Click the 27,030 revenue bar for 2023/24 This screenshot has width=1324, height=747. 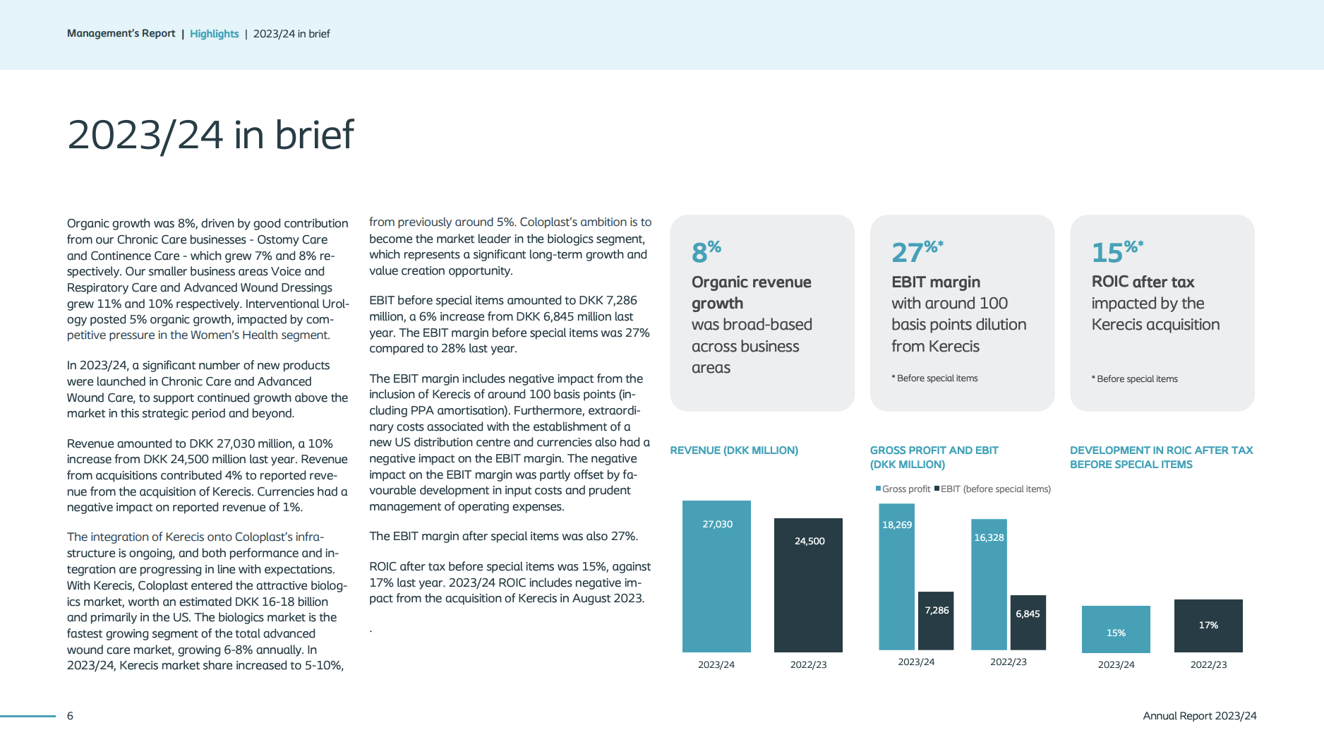click(x=716, y=576)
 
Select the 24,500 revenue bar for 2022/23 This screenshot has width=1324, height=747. click(x=808, y=585)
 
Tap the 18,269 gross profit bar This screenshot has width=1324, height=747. click(x=896, y=577)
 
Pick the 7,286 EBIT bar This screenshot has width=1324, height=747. click(x=936, y=621)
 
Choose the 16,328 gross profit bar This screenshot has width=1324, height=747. click(x=989, y=585)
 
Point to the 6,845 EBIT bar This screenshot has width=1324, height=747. click(x=1028, y=623)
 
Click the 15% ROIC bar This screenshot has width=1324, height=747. click(x=1116, y=629)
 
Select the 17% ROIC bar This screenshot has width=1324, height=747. click(x=1208, y=626)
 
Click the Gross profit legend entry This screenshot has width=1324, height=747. click(x=903, y=489)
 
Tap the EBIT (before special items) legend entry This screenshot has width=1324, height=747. click(x=992, y=489)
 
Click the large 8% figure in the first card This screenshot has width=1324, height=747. click(x=706, y=251)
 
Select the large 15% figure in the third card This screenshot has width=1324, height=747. click(x=1117, y=251)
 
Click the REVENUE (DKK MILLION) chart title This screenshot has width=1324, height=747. click(x=734, y=450)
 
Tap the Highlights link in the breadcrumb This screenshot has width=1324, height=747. click(x=214, y=34)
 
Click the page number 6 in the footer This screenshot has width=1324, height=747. click(x=70, y=716)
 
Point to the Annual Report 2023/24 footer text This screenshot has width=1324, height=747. click(x=1200, y=716)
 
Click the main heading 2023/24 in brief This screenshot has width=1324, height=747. click(x=210, y=135)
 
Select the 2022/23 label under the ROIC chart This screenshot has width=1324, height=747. click(x=1208, y=664)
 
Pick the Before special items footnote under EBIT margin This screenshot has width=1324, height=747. click(x=935, y=378)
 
